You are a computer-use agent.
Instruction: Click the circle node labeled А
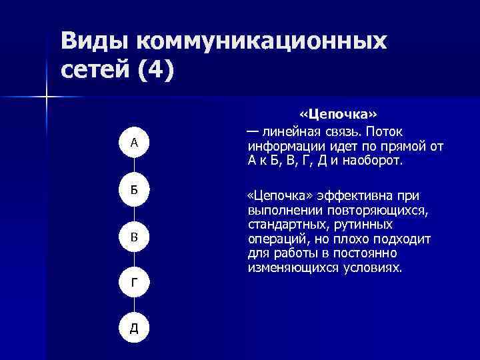coord(134,142)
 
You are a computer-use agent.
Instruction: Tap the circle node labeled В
coord(134,237)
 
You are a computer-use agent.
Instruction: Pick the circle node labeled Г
coord(134,283)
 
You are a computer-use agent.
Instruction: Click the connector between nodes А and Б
coord(134,165)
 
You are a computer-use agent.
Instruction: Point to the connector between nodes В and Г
coord(134,260)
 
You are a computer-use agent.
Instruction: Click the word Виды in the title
coord(95,41)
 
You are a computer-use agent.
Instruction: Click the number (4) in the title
coord(156,69)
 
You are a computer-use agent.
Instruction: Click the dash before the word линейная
coord(253,131)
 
